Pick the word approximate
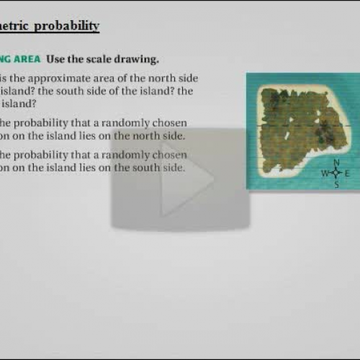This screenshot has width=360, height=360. (54, 78)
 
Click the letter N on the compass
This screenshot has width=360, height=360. (336, 163)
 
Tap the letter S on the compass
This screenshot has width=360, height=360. (336, 184)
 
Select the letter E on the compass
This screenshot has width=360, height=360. (347, 174)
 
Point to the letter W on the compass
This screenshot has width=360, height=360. (325, 174)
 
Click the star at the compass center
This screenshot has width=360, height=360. (336, 174)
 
